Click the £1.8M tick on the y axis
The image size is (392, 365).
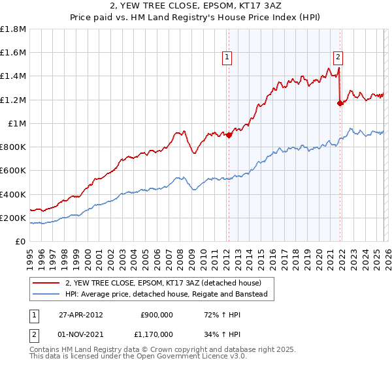14,29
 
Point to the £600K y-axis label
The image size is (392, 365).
14,171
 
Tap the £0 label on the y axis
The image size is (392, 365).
20,242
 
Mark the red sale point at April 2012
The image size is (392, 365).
229,135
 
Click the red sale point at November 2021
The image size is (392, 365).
340,103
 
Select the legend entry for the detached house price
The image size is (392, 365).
163,283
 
